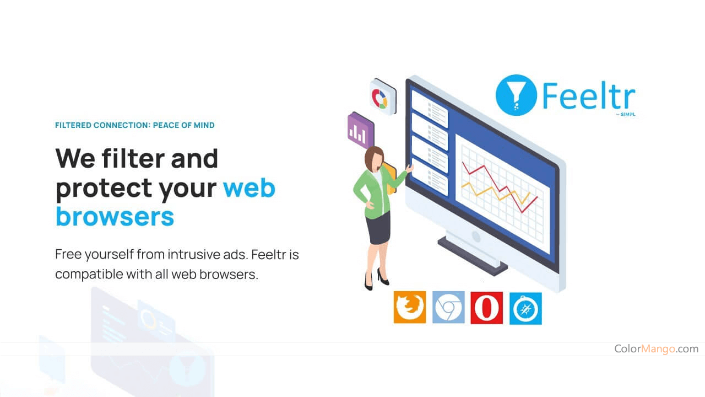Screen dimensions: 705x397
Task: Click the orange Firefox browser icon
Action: [x=409, y=307]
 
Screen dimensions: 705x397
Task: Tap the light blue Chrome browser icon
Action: [x=448, y=307]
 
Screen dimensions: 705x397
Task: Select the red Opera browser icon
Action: [x=486, y=308]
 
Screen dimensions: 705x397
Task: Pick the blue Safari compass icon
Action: [x=525, y=308]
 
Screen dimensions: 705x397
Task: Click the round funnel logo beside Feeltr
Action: [x=516, y=95]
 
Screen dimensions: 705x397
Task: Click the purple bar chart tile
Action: [x=361, y=130]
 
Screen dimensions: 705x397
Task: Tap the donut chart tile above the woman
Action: [x=383, y=96]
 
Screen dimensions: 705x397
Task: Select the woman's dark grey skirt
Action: [x=378, y=228]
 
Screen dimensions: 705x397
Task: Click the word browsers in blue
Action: [x=115, y=217]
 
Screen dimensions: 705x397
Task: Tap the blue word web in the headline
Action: [x=249, y=188]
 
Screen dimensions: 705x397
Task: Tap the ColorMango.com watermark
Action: [x=656, y=348]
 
